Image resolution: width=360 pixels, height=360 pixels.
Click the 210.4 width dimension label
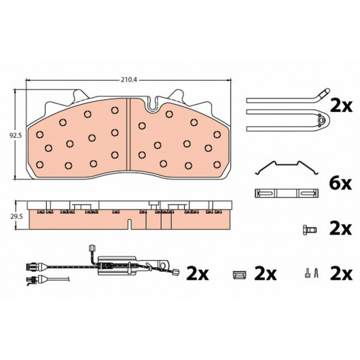coord(129,80)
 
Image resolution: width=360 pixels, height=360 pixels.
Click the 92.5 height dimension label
coord(16,136)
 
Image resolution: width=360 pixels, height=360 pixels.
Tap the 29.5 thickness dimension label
coord(16,217)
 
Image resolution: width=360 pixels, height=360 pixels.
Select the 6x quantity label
coord(340,183)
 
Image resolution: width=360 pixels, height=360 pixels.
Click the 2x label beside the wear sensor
coord(198,274)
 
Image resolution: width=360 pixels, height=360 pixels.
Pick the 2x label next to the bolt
coord(340,229)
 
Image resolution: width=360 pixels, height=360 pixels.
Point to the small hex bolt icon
coord(310,230)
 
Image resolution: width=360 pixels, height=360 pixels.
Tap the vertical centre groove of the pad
coord(128,134)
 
